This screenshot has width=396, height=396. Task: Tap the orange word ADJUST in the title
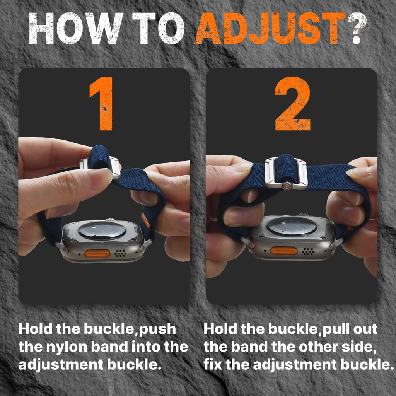(x=270, y=28)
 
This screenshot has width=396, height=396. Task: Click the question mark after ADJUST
(x=357, y=28)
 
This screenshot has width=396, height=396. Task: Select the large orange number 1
(x=102, y=104)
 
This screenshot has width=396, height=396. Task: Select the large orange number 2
(x=293, y=104)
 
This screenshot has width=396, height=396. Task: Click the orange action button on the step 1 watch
(x=97, y=254)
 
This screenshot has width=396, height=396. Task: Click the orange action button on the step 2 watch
(x=283, y=251)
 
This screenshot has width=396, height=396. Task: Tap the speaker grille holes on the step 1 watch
(x=121, y=253)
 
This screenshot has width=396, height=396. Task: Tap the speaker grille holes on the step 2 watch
(x=308, y=251)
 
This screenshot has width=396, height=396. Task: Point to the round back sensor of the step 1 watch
(x=102, y=230)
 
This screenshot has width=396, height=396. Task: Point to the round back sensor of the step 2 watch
(x=292, y=226)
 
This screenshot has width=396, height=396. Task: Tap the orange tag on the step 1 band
(x=146, y=220)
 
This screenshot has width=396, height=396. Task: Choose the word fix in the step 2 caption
(x=213, y=364)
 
